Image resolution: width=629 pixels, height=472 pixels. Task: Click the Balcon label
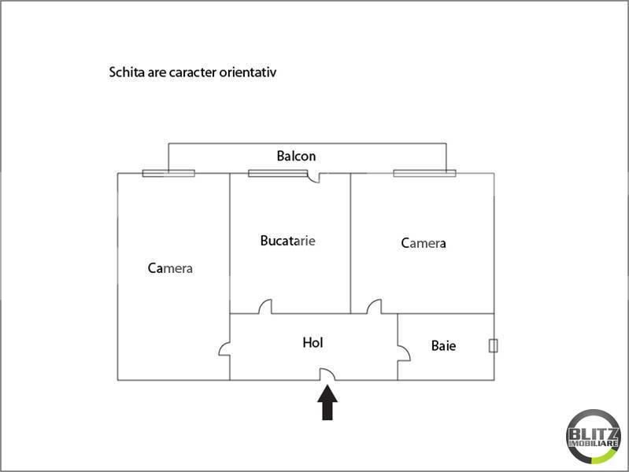(x=296, y=156)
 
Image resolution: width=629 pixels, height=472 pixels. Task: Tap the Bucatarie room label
(x=287, y=241)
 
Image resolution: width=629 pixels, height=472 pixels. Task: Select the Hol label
(x=313, y=342)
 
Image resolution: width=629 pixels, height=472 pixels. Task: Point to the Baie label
(x=443, y=345)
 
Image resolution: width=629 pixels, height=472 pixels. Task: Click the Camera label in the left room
(x=170, y=268)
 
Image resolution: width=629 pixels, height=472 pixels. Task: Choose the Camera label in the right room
(x=424, y=243)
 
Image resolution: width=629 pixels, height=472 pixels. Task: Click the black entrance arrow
(x=327, y=402)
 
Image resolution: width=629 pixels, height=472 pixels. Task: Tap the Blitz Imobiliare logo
(x=594, y=437)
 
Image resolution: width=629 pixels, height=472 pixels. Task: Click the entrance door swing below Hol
(x=327, y=374)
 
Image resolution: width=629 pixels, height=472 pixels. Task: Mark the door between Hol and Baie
(x=404, y=353)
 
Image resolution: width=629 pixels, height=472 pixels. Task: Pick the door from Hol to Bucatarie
(x=265, y=307)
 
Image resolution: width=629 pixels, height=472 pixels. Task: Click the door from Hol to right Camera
(x=374, y=307)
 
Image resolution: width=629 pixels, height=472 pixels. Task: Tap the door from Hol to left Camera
(x=224, y=348)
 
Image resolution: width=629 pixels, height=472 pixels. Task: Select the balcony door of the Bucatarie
(x=313, y=177)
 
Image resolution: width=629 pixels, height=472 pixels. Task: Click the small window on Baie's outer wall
(x=494, y=345)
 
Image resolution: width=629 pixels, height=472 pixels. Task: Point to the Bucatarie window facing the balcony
(x=278, y=173)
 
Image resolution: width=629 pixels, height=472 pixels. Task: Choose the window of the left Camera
(x=168, y=173)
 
